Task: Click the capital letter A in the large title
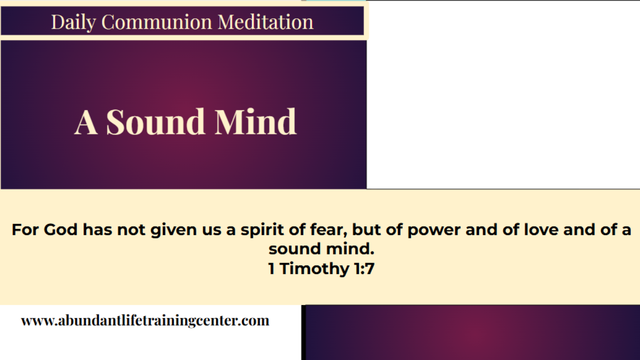[85, 122]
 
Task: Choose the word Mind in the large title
[255, 122]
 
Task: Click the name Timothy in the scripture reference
[314, 269]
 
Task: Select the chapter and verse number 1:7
[363, 269]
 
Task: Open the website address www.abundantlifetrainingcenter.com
[145, 320]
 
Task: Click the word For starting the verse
[25, 230]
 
